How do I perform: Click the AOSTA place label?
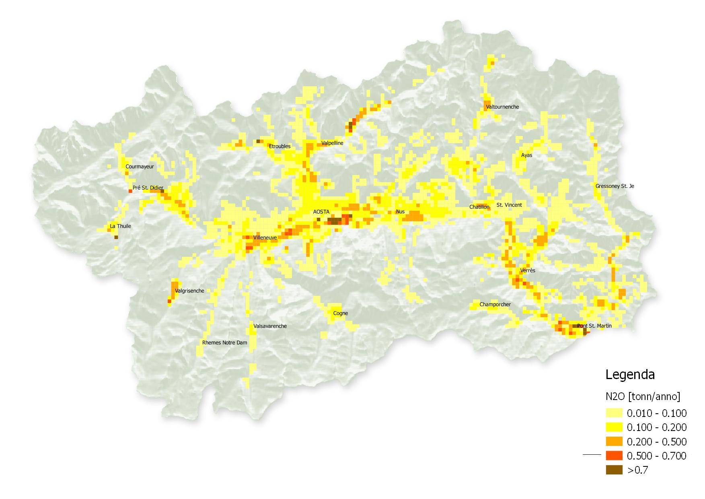tap(321, 212)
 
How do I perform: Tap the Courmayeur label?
tap(140, 167)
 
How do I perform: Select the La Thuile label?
tap(121, 226)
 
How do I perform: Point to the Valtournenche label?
tap(502, 107)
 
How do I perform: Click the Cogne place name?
tap(341, 313)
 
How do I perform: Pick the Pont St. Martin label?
tap(594, 326)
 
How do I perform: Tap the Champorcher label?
tap(495, 305)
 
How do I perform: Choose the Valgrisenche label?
tap(189, 291)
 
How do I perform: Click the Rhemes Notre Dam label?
tap(224, 343)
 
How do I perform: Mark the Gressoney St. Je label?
tap(615, 186)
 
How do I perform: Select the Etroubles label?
tap(280, 146)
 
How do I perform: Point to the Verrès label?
tap(528, 270)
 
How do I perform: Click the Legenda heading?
tap(630, 375)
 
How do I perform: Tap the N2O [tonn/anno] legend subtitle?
tap(643, 397)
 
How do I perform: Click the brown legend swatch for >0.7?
tap(614, 470)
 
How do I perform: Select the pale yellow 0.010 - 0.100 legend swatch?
tap(614, 413)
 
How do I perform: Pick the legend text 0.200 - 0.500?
tap(657, 442)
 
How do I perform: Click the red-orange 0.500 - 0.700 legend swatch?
tap(614, 456)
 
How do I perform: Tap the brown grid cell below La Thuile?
tap(116, 237)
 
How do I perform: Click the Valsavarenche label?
tap(270, 326)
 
